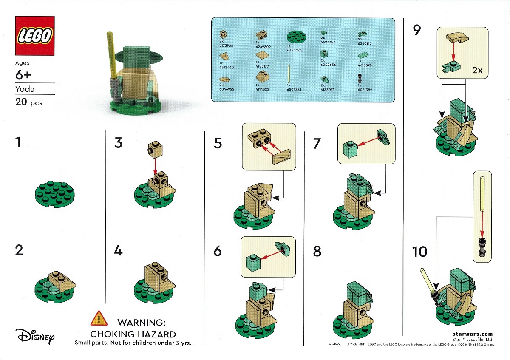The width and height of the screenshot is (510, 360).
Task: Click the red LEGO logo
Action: click(x=35, y=36)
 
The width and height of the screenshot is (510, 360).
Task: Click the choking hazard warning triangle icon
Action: click(x=99, y=318)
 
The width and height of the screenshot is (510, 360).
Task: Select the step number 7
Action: click(x=317, y=143)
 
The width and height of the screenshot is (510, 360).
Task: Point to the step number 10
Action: click(x=419, y=252)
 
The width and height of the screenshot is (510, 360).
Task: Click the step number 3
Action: click(x=118, y=142)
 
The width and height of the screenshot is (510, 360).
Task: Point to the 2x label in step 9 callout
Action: click(x=477, y=70)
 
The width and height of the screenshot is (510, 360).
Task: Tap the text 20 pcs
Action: click(x=28, y=102)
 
